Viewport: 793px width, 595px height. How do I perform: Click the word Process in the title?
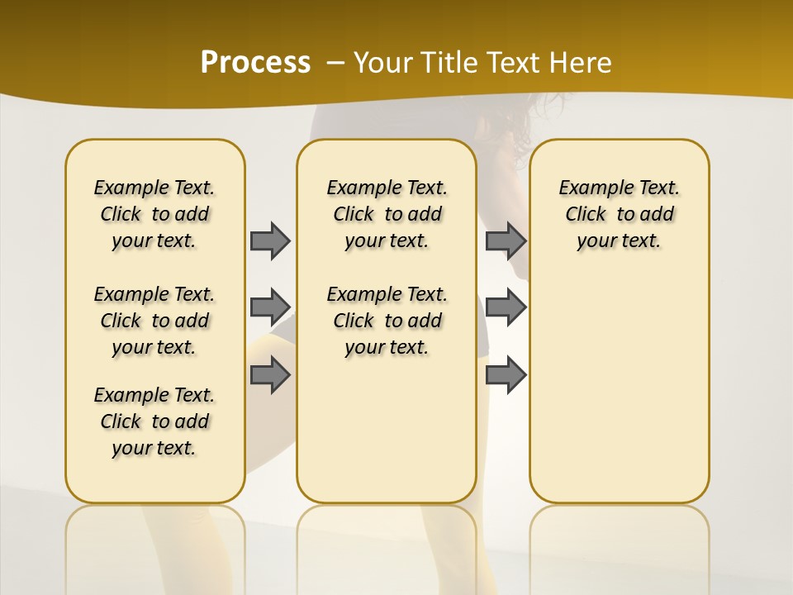coord(255,62)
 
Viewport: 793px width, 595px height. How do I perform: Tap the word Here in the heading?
coord(582,63)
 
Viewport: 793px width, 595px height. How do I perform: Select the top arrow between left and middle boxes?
coord(270,240)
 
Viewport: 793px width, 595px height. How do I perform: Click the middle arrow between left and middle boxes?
coord(270,307)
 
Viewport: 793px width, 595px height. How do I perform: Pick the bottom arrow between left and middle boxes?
coord(270,375)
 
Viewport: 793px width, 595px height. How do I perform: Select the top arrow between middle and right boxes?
coord(506,240)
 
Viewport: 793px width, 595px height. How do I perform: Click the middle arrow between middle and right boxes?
coord(506,307)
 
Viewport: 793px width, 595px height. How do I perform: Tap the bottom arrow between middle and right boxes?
coord(506,375)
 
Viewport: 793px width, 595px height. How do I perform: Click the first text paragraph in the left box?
coord(154,214)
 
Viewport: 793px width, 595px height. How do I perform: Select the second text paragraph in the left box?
coord(154,321)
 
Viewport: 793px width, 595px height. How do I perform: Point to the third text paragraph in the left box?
coord(154,421)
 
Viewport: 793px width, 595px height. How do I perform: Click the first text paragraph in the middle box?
coord(387,214)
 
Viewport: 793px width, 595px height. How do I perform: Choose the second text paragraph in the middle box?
coord(387,321)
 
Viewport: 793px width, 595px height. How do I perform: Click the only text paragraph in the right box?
coord(619,214)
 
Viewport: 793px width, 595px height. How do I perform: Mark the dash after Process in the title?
coord(335,63)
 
